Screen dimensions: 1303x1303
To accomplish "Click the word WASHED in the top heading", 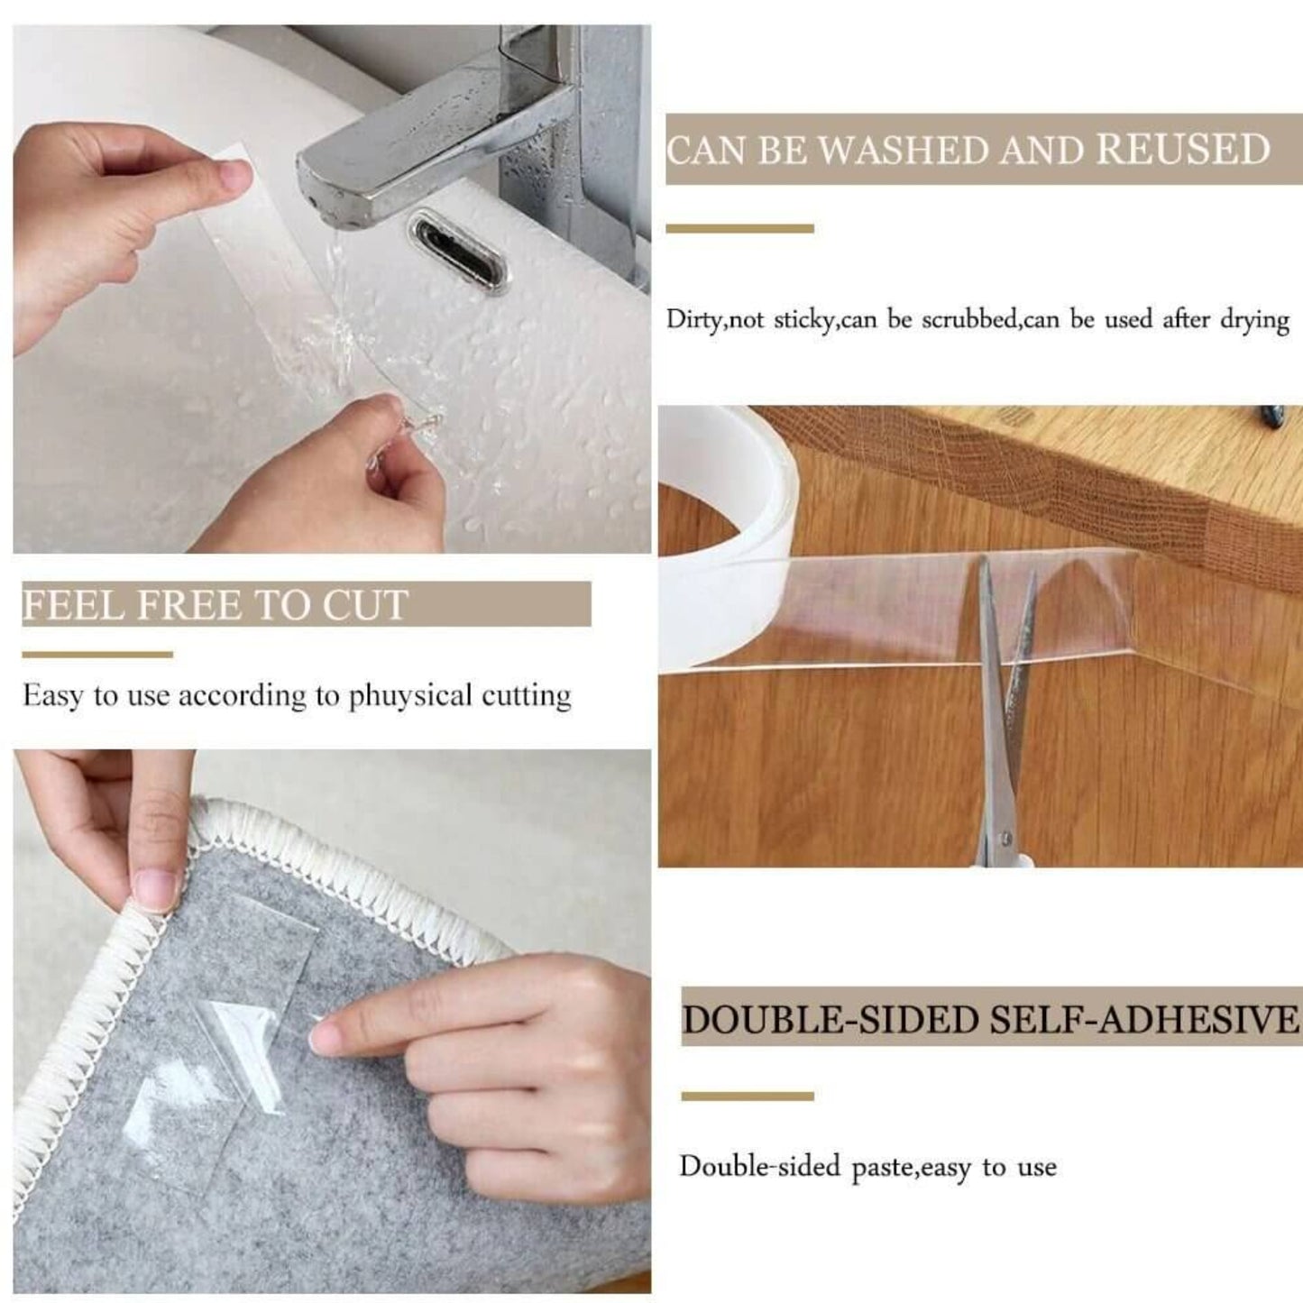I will pyautogui.click(x=903, y=151).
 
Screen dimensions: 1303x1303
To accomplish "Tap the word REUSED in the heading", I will pyautogui.click(x=1183, y=151).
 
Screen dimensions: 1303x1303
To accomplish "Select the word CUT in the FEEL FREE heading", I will pyautogui.click(x=366, y=605).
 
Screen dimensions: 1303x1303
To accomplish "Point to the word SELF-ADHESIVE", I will pyautogui.click(x=1145, y=1020).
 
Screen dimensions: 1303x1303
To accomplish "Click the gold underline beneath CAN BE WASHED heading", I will pyautogui.click(x=739, y=229).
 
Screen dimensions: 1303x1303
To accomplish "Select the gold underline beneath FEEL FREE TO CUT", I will pyautogui.click(x=97, y=655).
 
